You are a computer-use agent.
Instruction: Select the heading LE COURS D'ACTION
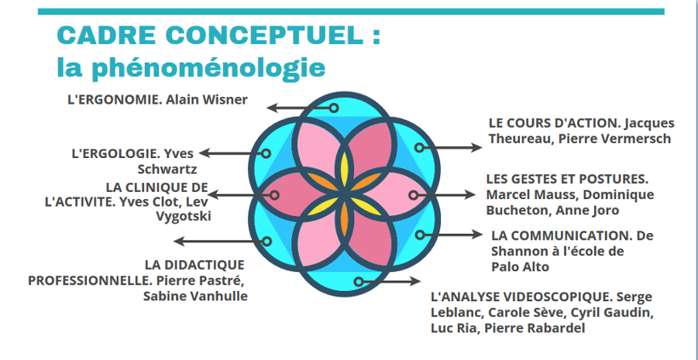[x=554, y=123]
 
